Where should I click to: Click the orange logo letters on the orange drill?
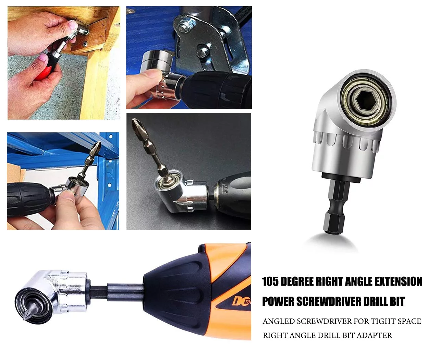pyautogui.click(x=242, y=301)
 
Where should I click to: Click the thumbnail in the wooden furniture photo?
pyautogui.click(x=73, y=25)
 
